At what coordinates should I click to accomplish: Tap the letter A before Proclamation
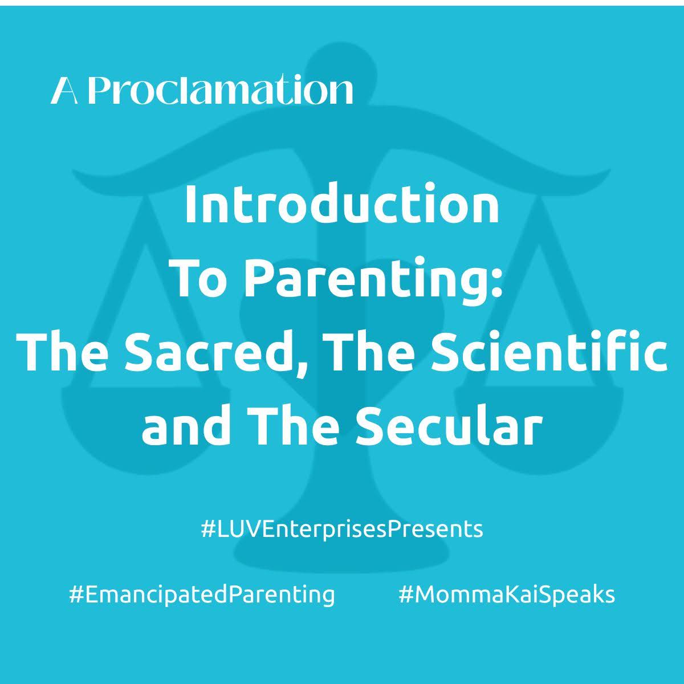click(x=64, y=91)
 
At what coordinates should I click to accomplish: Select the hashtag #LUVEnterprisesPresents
click(x=342, y=529)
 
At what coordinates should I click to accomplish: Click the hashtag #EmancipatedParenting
click(x=202, y=595)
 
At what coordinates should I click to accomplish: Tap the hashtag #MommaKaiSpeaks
click(x=507, y=595)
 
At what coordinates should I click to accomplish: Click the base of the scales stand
click(x=342, y=553)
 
